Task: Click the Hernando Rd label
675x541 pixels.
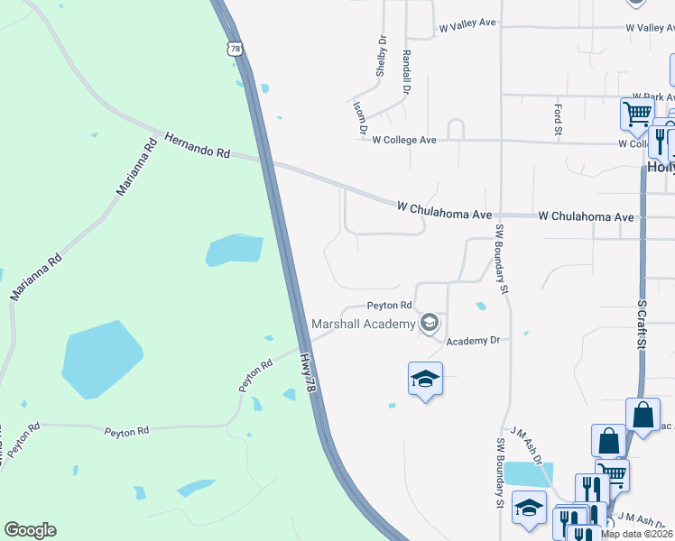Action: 197,146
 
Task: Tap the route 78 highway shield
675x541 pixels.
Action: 235,50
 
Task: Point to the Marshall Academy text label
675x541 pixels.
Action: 363,324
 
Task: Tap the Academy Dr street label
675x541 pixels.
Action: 472,341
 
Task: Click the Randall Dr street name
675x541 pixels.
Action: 407,72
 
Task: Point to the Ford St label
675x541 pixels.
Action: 557,115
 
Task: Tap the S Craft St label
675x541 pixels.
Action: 642,326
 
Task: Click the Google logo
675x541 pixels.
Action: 30,530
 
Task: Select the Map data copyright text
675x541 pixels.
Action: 636,534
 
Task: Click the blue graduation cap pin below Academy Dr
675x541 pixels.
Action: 425,379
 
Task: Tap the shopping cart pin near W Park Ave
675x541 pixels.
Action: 637,114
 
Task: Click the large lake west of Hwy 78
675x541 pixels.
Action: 100,359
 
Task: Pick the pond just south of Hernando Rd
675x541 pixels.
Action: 234,250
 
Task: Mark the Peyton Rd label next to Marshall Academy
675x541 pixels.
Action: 389,306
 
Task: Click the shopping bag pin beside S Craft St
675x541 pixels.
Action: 643,415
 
